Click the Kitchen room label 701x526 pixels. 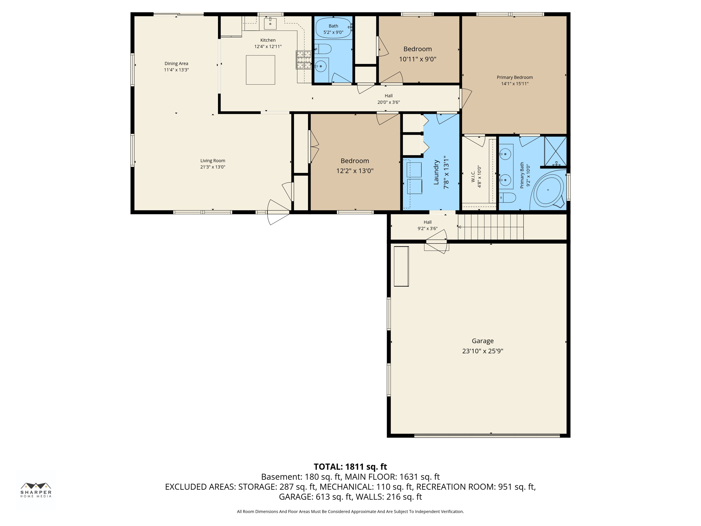(268, 40)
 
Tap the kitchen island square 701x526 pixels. (260, 70)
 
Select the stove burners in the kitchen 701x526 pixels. (303, 60)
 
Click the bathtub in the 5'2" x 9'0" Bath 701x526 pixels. (333, 28)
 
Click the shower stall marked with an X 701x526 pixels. (555, 151)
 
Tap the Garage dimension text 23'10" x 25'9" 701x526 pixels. (482, 351)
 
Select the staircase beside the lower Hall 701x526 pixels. (490, 227)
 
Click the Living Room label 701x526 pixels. (213, 161)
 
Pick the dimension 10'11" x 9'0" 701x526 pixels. (417, 59)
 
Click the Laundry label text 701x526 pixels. (436, 172)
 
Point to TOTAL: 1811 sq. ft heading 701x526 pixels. (350, 467)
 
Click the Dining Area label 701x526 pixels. (176, 63)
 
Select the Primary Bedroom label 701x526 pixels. (514, 77)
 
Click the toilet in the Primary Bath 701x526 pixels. (507, 198)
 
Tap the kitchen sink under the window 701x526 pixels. (270, 24)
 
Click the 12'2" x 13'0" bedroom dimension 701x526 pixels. (355, 171)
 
